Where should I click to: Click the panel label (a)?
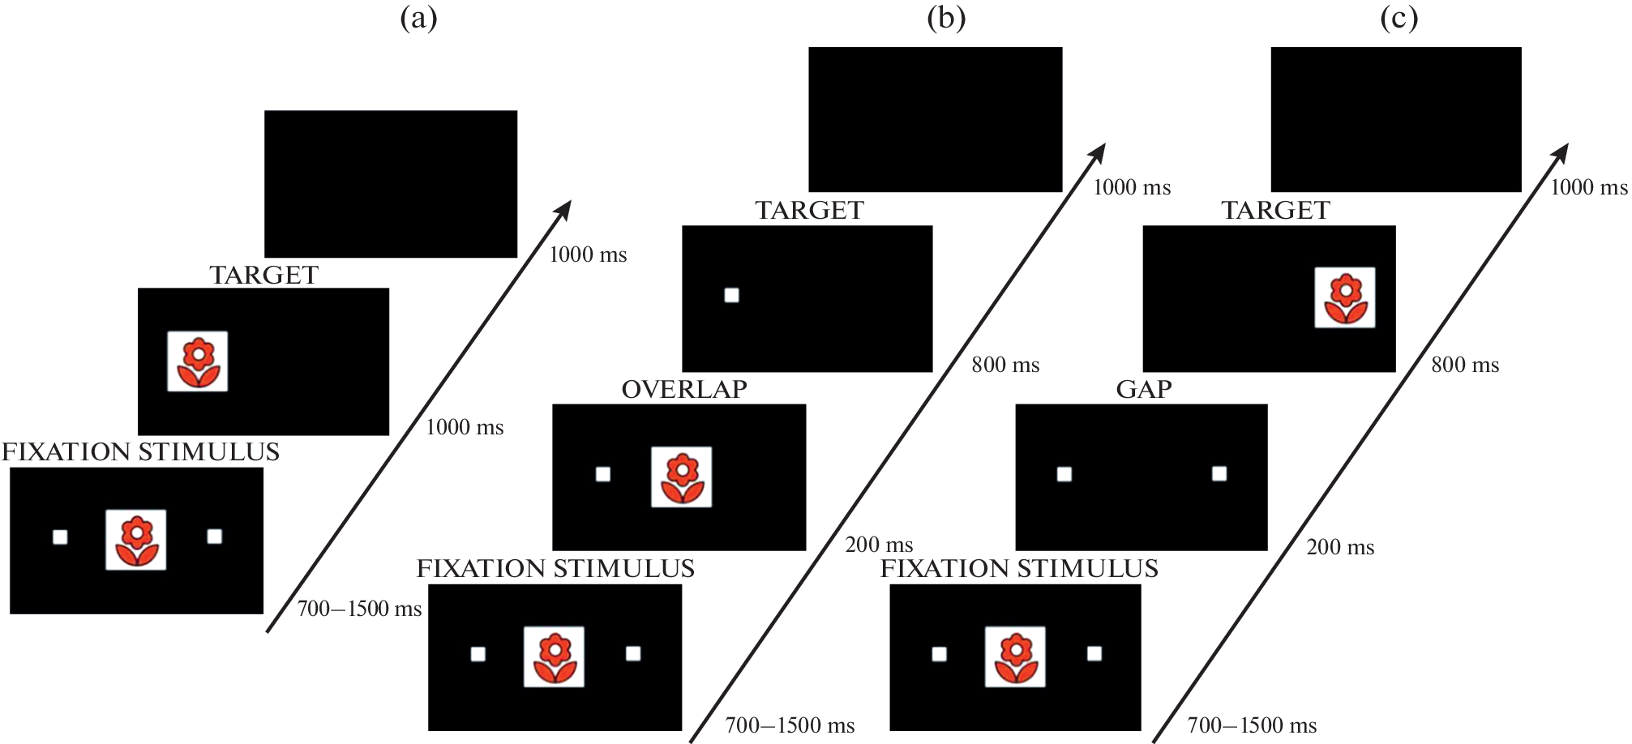[x=418, y=19]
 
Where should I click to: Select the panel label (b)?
[x=946, y=19]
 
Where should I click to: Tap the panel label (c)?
[x=1399, y=19]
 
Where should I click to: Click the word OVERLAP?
[x=684, y=390]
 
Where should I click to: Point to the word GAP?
[x=1144, y=390]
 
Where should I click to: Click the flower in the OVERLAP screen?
[x=682, y=477]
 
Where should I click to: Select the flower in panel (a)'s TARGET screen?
[x=198, y=361]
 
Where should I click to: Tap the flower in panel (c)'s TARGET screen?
[x=1345, y=297]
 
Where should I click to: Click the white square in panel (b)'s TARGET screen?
[x=731, y=295]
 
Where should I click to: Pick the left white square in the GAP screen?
[x=1064, y=474]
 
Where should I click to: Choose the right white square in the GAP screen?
[x=1219, y=473]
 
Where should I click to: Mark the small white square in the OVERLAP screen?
[x=603, y=474]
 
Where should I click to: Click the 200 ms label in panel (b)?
[x=879, y=545]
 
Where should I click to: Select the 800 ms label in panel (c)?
[x=1465, y=365]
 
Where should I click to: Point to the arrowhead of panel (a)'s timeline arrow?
[x=565, y=208]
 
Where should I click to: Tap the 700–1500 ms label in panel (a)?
[x=359, y=609]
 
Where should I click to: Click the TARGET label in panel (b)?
[x=809, y=211]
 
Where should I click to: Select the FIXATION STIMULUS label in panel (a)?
[x=141, y=452]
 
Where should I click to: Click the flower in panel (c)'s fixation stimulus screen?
[x=1015, y=656]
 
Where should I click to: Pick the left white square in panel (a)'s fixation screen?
[x=60, y=537]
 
